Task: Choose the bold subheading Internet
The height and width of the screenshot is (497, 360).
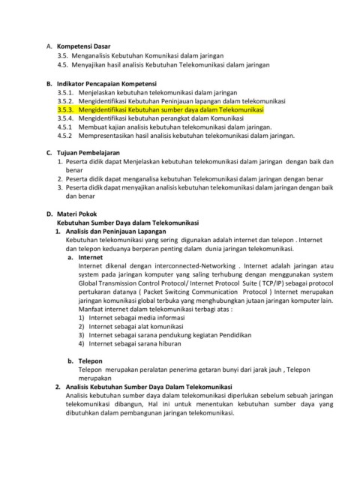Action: tap(91, 256)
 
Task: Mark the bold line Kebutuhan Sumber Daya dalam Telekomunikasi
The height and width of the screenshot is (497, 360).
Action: tap(127, 223)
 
